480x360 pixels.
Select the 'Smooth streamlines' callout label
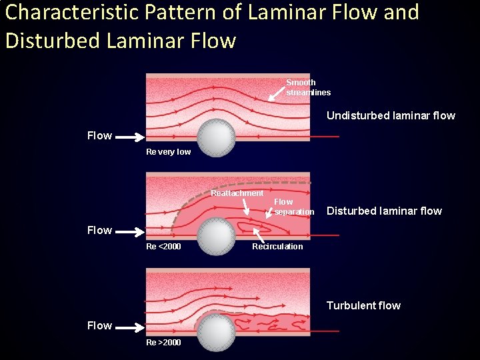tap(308, 87)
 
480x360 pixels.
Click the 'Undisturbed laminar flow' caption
tap(391, 115)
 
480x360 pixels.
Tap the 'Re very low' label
tap(168, 152)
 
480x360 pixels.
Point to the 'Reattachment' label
tap(237, 193)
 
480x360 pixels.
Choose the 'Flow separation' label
tap(293, 207)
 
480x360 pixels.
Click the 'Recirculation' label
tap(277, 247)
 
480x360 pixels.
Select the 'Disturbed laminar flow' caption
tap(384, 211)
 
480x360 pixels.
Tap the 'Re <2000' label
tap(163, 247)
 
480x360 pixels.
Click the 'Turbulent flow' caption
tap(363, 305)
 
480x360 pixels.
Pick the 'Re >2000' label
tap(163, 342)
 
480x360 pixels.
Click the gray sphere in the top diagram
tap(216, 137)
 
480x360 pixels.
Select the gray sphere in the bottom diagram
tap(216, 331)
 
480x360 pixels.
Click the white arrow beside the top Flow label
tap(131, 137)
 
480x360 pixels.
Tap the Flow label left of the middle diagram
tap(99, 230)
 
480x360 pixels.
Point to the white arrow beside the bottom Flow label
tap(131, 327)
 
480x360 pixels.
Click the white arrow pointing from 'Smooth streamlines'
tap(275, 93)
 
